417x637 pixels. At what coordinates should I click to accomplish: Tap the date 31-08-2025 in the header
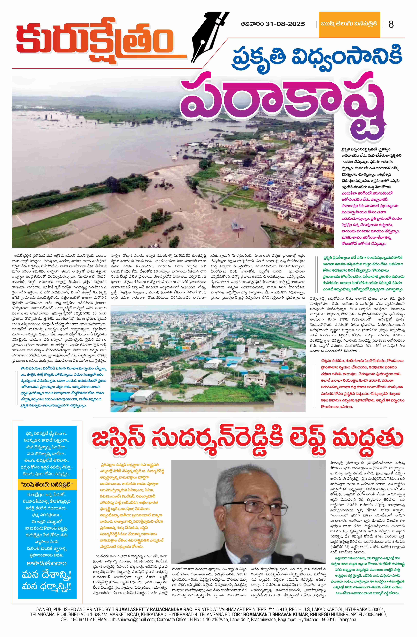[x=285, y=24]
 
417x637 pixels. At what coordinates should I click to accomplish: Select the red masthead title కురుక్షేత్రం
[x=95, y=40]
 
